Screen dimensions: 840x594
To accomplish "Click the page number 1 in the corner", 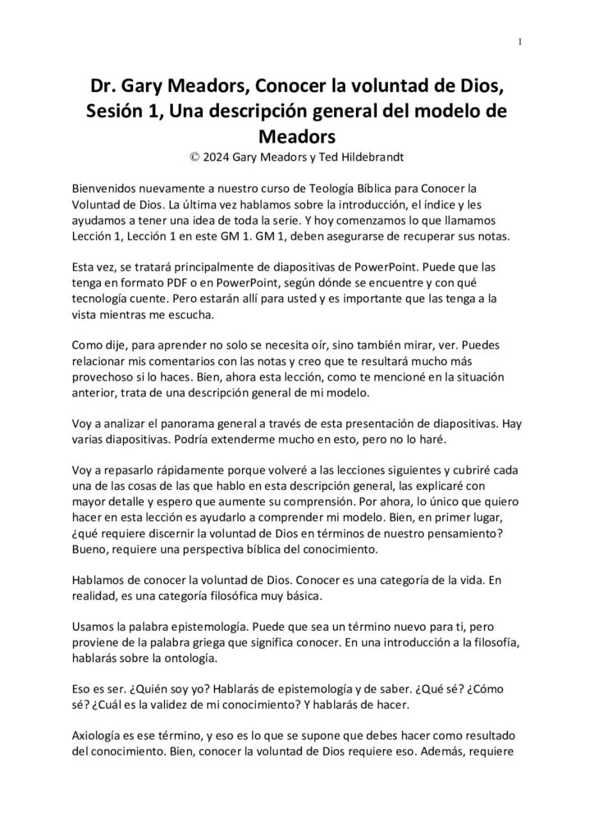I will point(521,42).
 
